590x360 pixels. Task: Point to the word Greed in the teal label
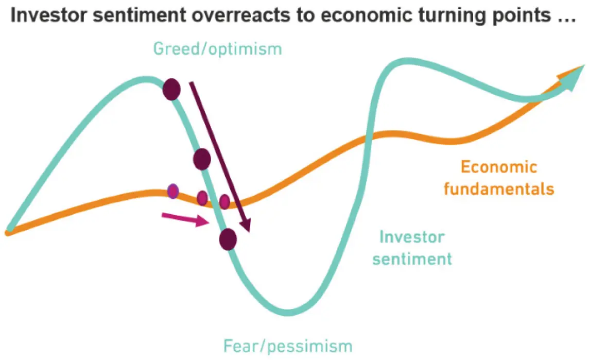click(177, 49)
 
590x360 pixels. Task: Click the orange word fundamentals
click(499, 188)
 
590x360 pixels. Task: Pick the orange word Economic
click(499, 167)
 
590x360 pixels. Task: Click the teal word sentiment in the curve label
click(412, 259)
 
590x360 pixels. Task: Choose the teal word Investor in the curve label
click(412, 237)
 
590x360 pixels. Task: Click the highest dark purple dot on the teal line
click(171, 89)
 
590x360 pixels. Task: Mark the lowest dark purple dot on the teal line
click(228, 239)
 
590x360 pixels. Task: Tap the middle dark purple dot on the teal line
click(202, 159)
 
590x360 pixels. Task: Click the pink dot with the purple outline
click(173, 191)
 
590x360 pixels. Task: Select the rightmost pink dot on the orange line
click(224, 201)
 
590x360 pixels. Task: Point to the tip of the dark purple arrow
click(248, 232)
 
